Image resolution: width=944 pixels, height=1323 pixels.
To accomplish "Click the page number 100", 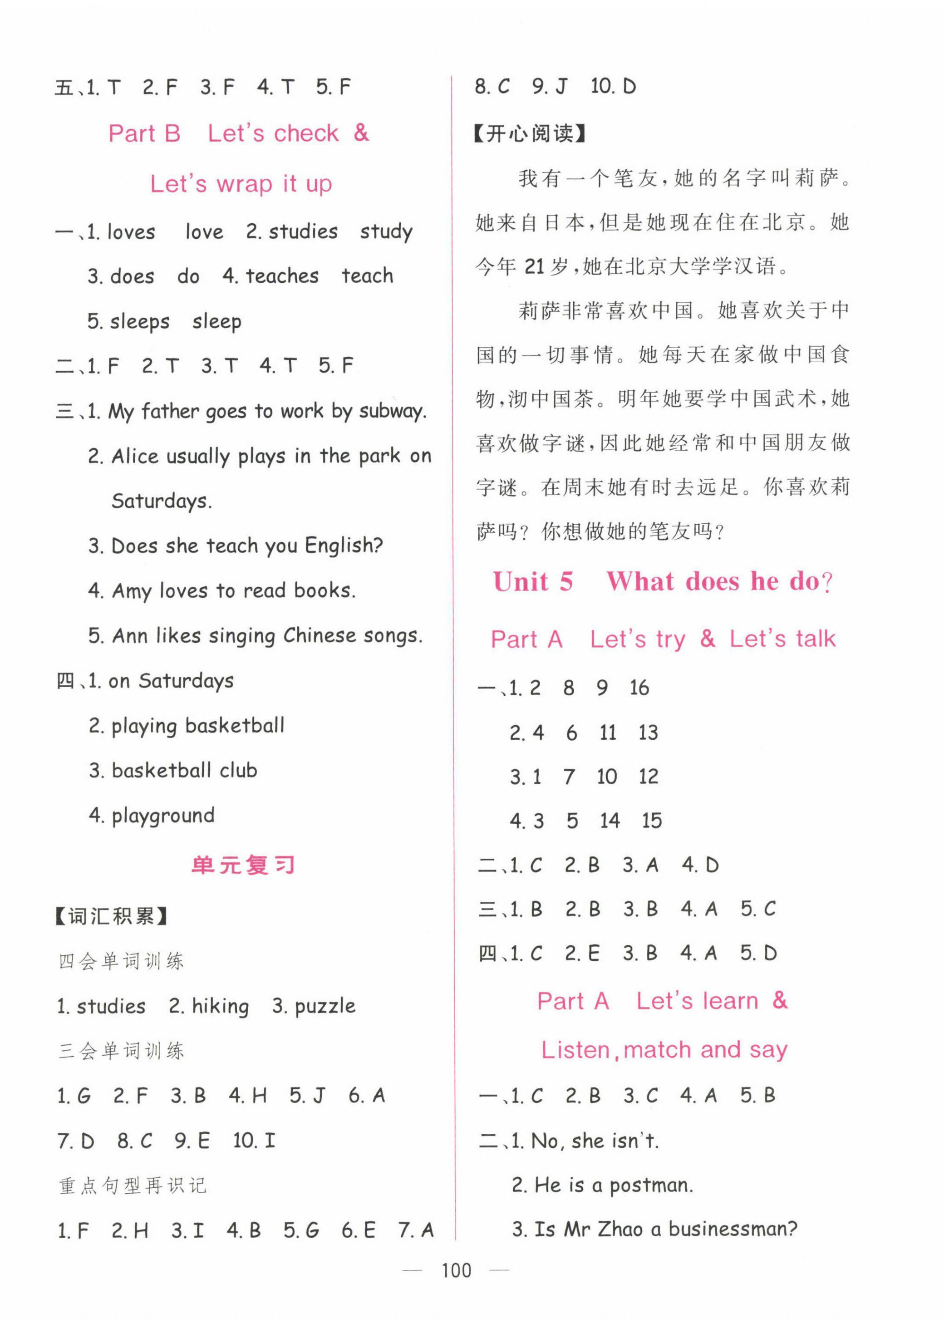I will [456, 1271].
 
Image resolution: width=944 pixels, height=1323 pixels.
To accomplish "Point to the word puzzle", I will [325, 1006].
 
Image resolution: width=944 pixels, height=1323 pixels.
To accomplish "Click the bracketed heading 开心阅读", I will [530, 134].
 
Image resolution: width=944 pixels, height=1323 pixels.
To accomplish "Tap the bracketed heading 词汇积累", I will [111, 917].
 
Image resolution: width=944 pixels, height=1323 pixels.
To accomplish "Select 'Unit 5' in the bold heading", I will [533, 582].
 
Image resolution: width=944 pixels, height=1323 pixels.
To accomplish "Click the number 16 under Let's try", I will [639, 688].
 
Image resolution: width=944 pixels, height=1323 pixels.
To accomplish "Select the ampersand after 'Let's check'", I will [361, 133].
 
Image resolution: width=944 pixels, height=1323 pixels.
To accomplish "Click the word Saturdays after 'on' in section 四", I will [186, 681].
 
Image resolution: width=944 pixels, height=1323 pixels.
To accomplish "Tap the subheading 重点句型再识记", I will [133, 1186].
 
